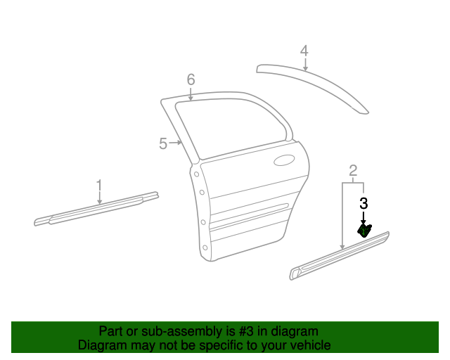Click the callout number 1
pos(99,185)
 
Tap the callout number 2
pos(353,169)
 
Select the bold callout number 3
pos(364,204)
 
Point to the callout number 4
pos(304,51)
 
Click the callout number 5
pos(163,143)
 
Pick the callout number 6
pos(191,79)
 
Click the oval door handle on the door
pos(284,160)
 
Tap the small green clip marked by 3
pos(365,231)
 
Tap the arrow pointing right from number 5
pos(176,143)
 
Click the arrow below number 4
pos(304,65)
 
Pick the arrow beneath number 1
pos(99,198)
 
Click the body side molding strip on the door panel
pos(250,214)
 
